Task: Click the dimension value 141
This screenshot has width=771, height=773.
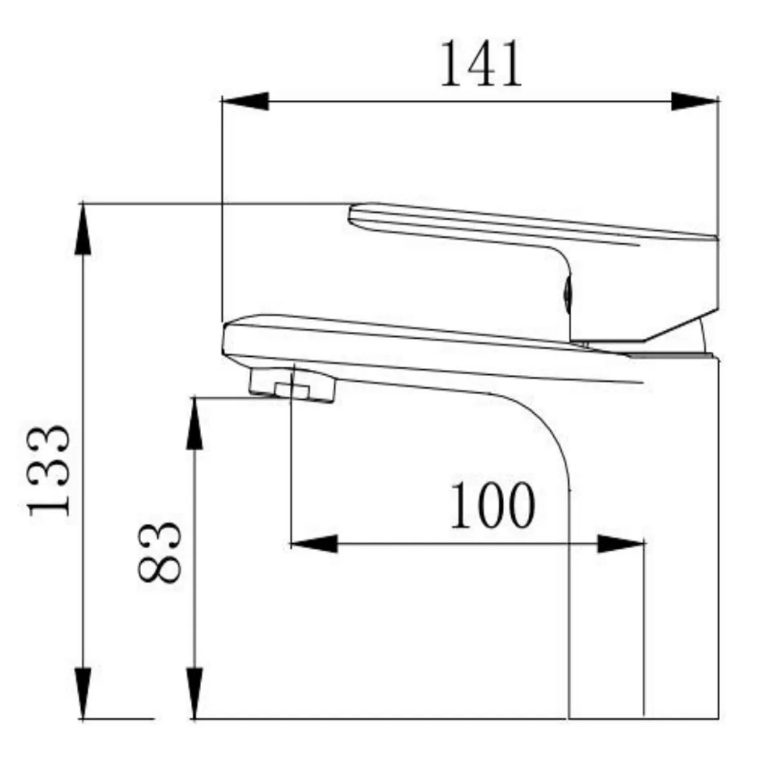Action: (482, 64)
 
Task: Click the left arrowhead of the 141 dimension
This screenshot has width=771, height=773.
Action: (245, 100)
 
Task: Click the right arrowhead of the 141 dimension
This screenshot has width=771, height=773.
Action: (695, 100)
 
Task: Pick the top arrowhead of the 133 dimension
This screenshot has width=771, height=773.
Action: (83, 229)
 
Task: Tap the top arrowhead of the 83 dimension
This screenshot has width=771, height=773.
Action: (195, 423)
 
